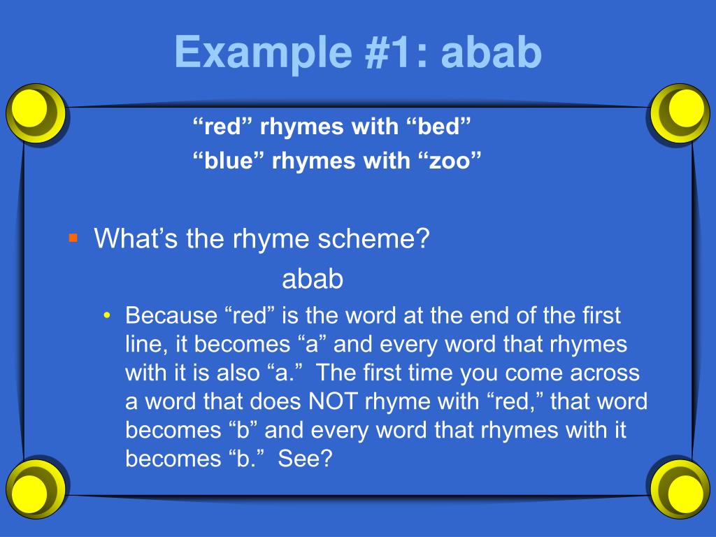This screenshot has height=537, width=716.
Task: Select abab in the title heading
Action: [492, 52]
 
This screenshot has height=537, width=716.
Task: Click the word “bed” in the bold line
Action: [438, 128]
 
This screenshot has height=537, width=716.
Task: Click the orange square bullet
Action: [73, 238]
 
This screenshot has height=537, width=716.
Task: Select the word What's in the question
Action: [137, 240]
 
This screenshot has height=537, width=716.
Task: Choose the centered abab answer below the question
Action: [313, 280]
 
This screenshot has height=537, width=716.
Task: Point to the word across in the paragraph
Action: [606, 373]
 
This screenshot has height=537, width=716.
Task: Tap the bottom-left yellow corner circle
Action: [35, 486]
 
